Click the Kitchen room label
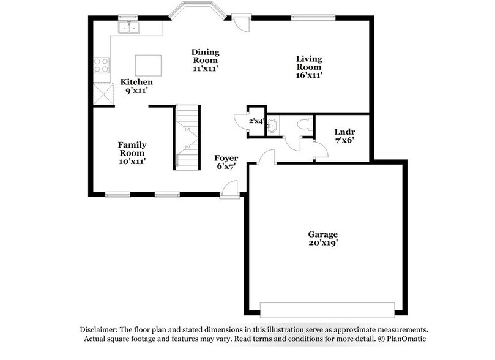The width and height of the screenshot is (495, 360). point(136,82)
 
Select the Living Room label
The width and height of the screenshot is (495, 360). point(309,62)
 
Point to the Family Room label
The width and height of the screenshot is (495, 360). point(132,149)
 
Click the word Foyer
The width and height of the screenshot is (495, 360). point(226,159)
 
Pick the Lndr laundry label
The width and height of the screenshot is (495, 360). point(344,132)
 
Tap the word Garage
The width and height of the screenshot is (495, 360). point(322,234)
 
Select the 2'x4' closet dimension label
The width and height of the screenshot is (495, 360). point(256,121)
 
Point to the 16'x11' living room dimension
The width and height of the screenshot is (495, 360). point(309,75)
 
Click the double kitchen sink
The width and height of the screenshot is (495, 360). point(130,27)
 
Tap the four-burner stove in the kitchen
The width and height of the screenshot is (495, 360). point(102,66)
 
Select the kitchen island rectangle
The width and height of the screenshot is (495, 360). point(147,64)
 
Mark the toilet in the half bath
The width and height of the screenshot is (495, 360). point(302,124)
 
